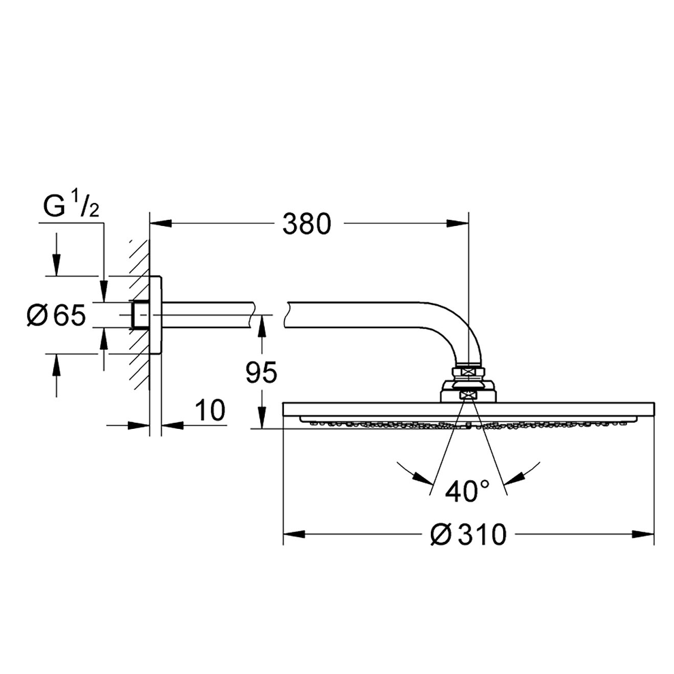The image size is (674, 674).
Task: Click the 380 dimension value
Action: point(307,224)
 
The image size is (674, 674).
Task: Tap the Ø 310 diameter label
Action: point(469,534)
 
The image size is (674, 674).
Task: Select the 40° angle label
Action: point(468,492)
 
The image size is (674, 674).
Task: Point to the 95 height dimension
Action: point(261,372)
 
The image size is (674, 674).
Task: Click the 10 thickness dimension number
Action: point(210,410)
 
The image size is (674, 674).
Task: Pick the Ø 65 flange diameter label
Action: point(57,315)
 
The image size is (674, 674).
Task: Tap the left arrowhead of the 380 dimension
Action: point(161,223)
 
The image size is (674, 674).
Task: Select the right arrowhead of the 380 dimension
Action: point(457,223)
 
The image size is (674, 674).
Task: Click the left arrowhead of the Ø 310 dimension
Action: point(294,534)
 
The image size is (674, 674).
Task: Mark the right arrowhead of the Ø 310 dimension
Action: point(643,534)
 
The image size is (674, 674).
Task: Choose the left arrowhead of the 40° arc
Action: point(421,477)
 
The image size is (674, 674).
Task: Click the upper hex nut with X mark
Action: point(468,372)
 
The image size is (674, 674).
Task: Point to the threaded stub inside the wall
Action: point(140,315)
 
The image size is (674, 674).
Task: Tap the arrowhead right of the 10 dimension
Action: point(172,426)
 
